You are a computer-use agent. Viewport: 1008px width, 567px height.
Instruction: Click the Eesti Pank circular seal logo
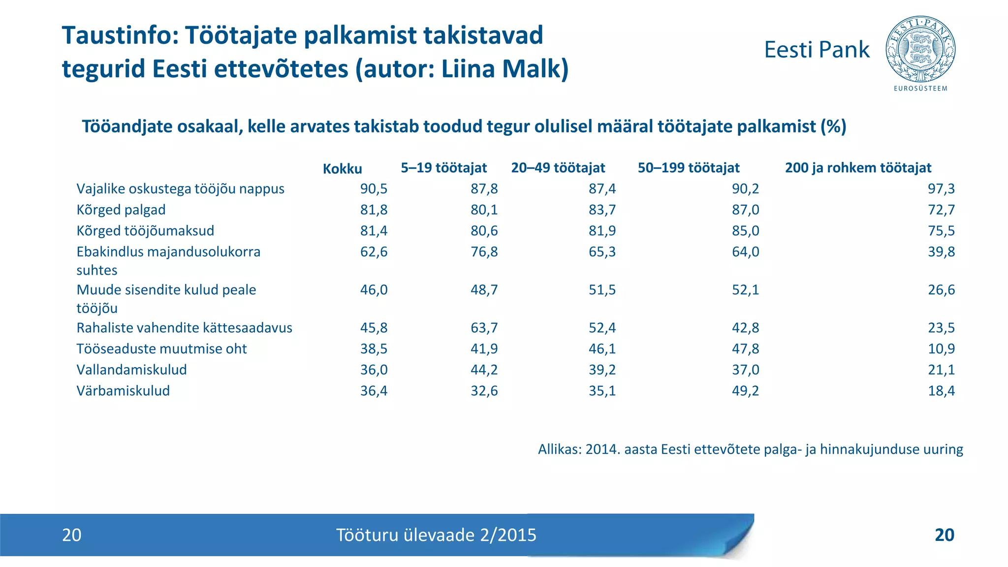920,49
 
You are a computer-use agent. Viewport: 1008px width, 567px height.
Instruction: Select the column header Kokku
342,169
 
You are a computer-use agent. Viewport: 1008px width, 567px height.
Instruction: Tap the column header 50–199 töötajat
688,168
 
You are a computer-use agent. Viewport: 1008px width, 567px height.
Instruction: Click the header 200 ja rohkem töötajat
858,168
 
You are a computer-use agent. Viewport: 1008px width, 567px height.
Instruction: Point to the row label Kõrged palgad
121,210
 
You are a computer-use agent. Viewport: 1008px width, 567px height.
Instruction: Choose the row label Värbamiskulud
123,391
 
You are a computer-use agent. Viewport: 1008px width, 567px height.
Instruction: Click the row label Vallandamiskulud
131,370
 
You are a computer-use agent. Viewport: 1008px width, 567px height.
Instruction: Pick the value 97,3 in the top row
941,189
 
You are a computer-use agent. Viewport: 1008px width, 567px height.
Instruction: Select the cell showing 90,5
374,189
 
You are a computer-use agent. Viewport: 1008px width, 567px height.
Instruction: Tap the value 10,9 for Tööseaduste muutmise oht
941,348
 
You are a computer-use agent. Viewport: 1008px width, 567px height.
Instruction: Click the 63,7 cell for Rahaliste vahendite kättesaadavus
484,328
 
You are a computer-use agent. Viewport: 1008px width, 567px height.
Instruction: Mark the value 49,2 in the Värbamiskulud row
745,391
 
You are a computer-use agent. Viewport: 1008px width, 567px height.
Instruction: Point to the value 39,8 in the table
941,252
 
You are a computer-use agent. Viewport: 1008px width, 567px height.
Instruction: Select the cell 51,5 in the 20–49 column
602,290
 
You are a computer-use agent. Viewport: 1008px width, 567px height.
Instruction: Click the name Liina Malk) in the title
504,68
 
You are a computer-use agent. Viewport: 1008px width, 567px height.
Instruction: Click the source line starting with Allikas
750,449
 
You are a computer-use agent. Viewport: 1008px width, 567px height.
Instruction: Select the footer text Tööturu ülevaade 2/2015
436,535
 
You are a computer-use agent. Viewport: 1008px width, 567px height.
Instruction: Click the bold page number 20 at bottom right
944,535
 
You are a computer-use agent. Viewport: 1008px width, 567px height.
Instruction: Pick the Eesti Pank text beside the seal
817,50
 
